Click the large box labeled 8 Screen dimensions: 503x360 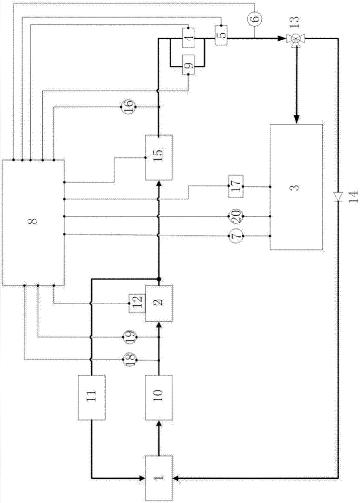pyautogui.click(x=33, y=221)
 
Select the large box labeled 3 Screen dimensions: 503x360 pyautogui.click(x=296, y=187)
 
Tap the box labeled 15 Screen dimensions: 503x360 pyautogui.click(x=159, y=157)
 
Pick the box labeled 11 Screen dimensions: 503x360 pyautogui.click(x=91, y=397)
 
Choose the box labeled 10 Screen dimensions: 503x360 pyautogui.click(x=159, y=397)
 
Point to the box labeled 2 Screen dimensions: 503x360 pyautogui.click(x=159, y=303)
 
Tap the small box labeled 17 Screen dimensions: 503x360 pyautogui.click(x=237, y=187)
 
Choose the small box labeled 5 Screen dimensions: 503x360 pyautogui.click(x=222, y=34)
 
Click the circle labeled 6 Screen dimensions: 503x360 pyautogui.click(x=254, y=19)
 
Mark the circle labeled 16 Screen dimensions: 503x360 pyautogui.click(x=128, y=107)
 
